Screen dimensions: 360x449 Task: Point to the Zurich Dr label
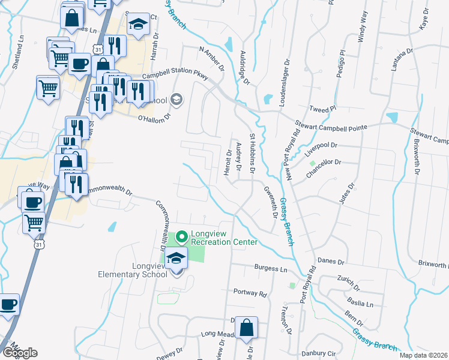348,280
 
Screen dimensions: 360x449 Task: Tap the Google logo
20,353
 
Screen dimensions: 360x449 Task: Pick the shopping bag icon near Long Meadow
246,328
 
